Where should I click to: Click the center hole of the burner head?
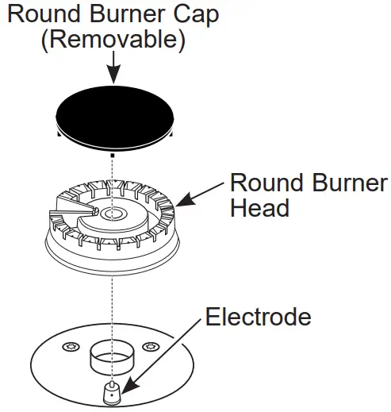click(113, 215)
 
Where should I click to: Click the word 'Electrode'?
click(259, 318)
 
